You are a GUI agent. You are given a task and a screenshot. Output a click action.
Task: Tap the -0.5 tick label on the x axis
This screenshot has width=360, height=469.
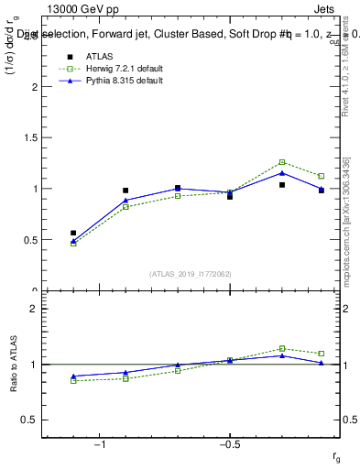228,444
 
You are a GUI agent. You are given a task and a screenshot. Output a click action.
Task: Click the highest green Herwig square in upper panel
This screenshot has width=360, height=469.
282,162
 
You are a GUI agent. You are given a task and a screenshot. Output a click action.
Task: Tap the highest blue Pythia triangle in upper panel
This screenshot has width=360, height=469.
282,172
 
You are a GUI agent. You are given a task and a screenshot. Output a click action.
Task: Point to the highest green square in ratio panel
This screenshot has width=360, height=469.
282,348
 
